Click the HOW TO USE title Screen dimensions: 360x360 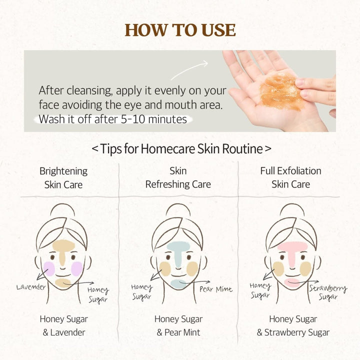(180, 30)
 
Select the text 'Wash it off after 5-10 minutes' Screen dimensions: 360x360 (112, 119)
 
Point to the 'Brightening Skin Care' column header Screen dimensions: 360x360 (63, 177)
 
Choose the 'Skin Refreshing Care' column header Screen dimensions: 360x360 (178, 177)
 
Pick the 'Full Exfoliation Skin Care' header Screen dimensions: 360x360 (290, 177)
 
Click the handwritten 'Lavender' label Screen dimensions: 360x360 (31, 287)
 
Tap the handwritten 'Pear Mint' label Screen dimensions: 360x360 (215, 289)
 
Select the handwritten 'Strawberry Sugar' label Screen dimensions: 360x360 (327, 291)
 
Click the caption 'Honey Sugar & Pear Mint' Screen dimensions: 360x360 (178, 325)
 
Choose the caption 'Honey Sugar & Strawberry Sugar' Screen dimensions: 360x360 (293, 325)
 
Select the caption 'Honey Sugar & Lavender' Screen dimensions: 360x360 (63, 325)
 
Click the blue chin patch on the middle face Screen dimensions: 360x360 (177, 284)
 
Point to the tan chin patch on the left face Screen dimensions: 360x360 (63, 283)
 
